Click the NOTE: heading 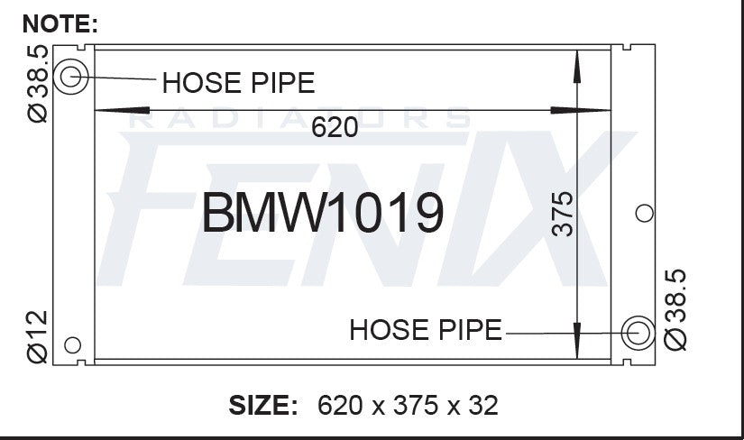(60, 23)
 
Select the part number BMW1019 (323, 213)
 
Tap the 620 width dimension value (335, 127)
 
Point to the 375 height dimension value (563, 214)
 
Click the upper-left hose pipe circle (70, 66)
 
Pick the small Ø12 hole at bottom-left (72, 345)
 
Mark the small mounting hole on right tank (644, 213)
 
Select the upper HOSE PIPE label (238, 83)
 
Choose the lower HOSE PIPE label (426, 329)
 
